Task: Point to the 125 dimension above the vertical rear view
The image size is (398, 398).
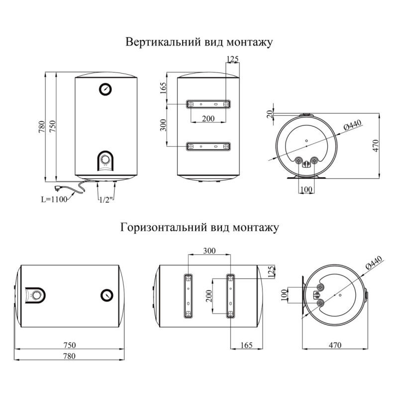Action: (232, 59)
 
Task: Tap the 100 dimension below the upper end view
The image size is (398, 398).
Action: (306, 190)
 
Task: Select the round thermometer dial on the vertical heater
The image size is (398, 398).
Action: (106, 89)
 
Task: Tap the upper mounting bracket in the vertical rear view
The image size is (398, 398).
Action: (208, 104)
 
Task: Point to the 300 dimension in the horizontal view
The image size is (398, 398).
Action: (209, 250)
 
